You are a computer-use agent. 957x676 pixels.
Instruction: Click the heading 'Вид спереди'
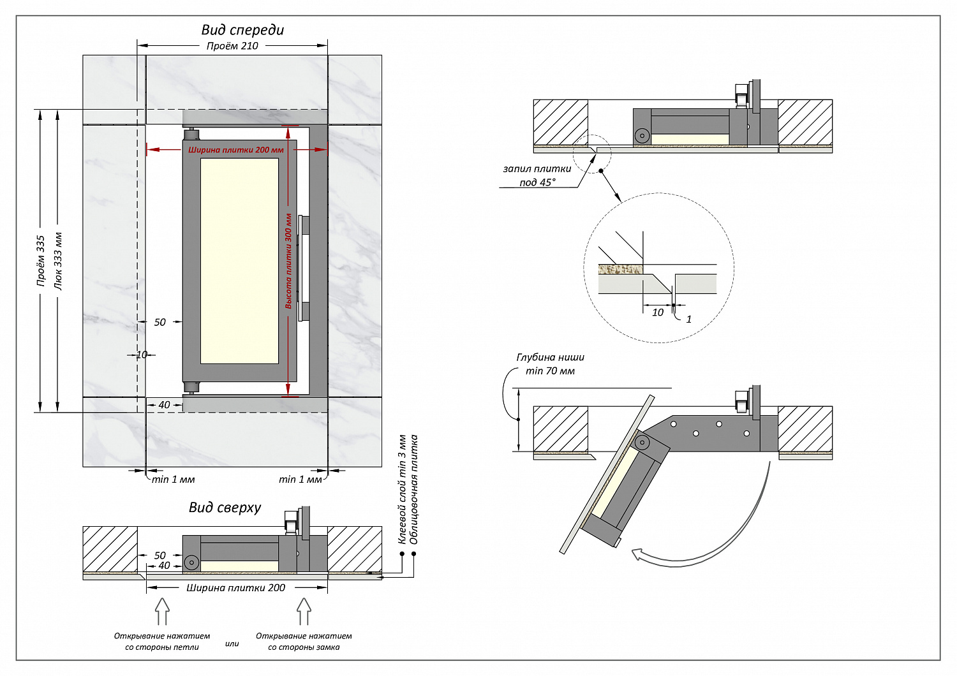pos(242,30)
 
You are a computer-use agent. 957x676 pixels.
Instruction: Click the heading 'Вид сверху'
pos(225,508)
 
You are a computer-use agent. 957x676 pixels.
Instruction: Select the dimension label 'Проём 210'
pos(232,46)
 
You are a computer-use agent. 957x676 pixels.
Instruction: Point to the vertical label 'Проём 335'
pos(41,260)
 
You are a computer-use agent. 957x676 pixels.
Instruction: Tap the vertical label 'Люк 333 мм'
pos(58,260)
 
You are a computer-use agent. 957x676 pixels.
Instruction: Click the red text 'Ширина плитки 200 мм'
pos(235,151)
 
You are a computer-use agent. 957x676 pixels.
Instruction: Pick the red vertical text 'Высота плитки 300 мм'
pos(288,261)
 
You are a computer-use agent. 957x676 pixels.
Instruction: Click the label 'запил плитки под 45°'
pos(537,175)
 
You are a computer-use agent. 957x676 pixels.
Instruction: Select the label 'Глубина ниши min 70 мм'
pos(550,364)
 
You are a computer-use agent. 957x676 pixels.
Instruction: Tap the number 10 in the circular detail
pos(658,312)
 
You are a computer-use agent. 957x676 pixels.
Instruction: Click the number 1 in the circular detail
pos(688,319)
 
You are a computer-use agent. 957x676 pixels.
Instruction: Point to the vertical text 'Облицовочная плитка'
pos(414,489)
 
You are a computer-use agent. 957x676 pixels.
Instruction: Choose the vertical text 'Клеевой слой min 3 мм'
pos(403,489)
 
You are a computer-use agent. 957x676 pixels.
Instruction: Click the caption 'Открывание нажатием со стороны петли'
pos(162,642)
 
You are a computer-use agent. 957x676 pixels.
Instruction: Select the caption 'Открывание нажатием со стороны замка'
pos(304,642)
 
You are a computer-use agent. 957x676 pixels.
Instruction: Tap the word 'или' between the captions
pos(232,644)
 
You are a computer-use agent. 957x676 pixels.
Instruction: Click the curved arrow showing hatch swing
pos(715,542)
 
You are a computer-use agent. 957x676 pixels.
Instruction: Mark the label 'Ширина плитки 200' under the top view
pos(235,588)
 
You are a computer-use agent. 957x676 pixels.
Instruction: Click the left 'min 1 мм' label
pos(173,479)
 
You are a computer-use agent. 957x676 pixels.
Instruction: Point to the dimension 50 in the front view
pos(159,322)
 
